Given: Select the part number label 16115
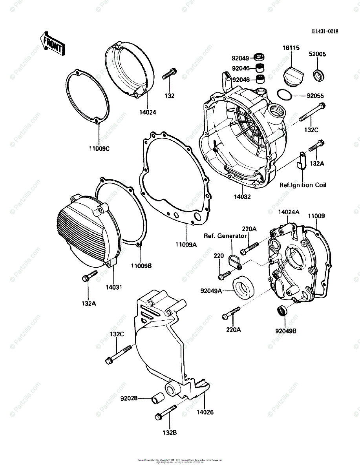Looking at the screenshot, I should point(291,48).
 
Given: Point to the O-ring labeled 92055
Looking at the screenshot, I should point(284,95).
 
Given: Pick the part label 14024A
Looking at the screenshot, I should point(289,212).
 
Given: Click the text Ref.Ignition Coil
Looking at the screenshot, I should point(302,185).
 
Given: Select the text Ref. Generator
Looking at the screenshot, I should point(225,236).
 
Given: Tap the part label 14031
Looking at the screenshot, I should point(114,287).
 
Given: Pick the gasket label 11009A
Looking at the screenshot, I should point(186,245).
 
